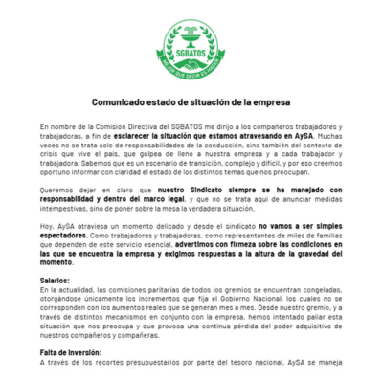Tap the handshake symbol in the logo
coord(191,60)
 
